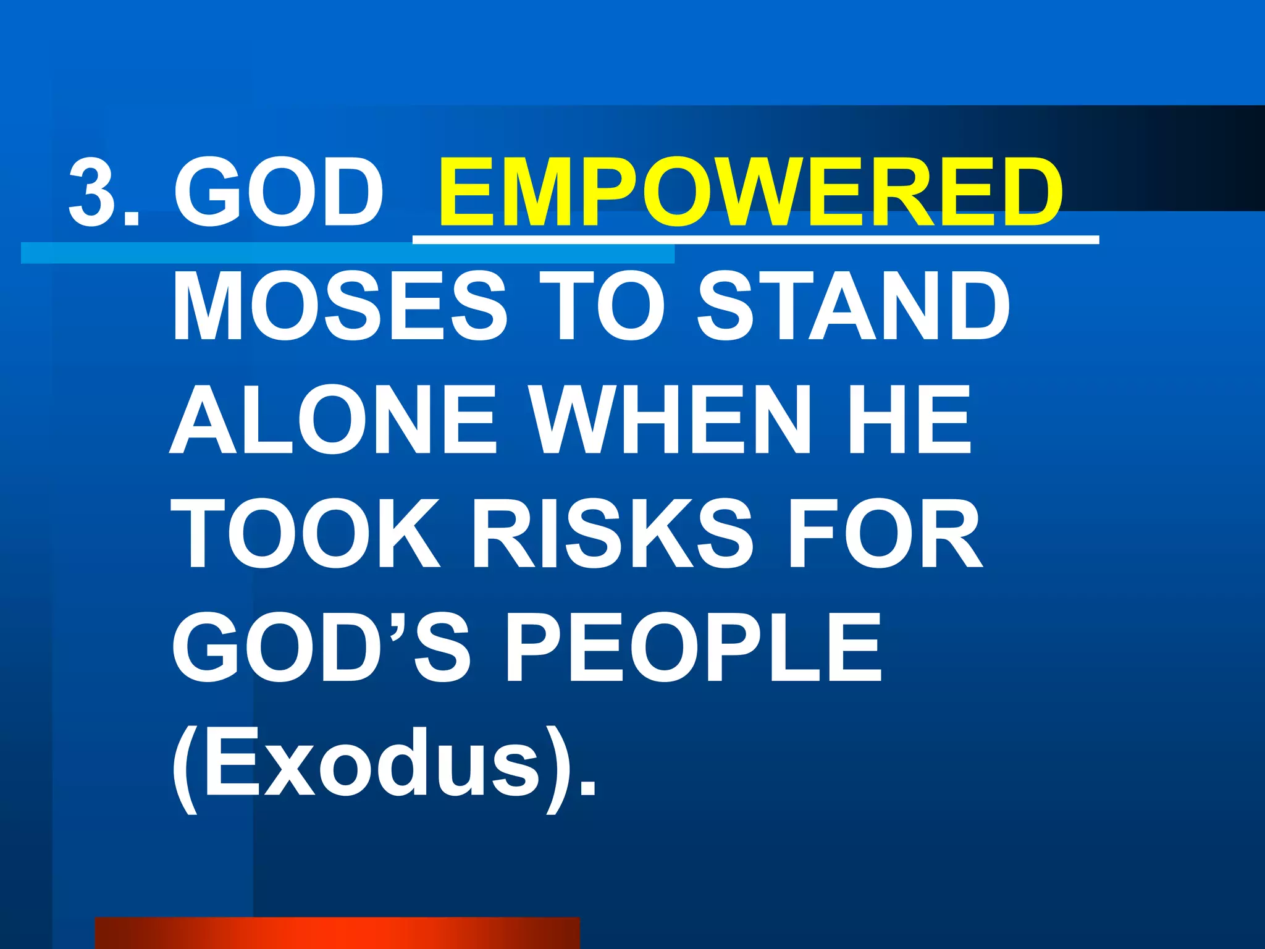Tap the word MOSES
340,306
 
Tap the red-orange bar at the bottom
337,933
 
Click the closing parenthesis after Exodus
560,766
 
